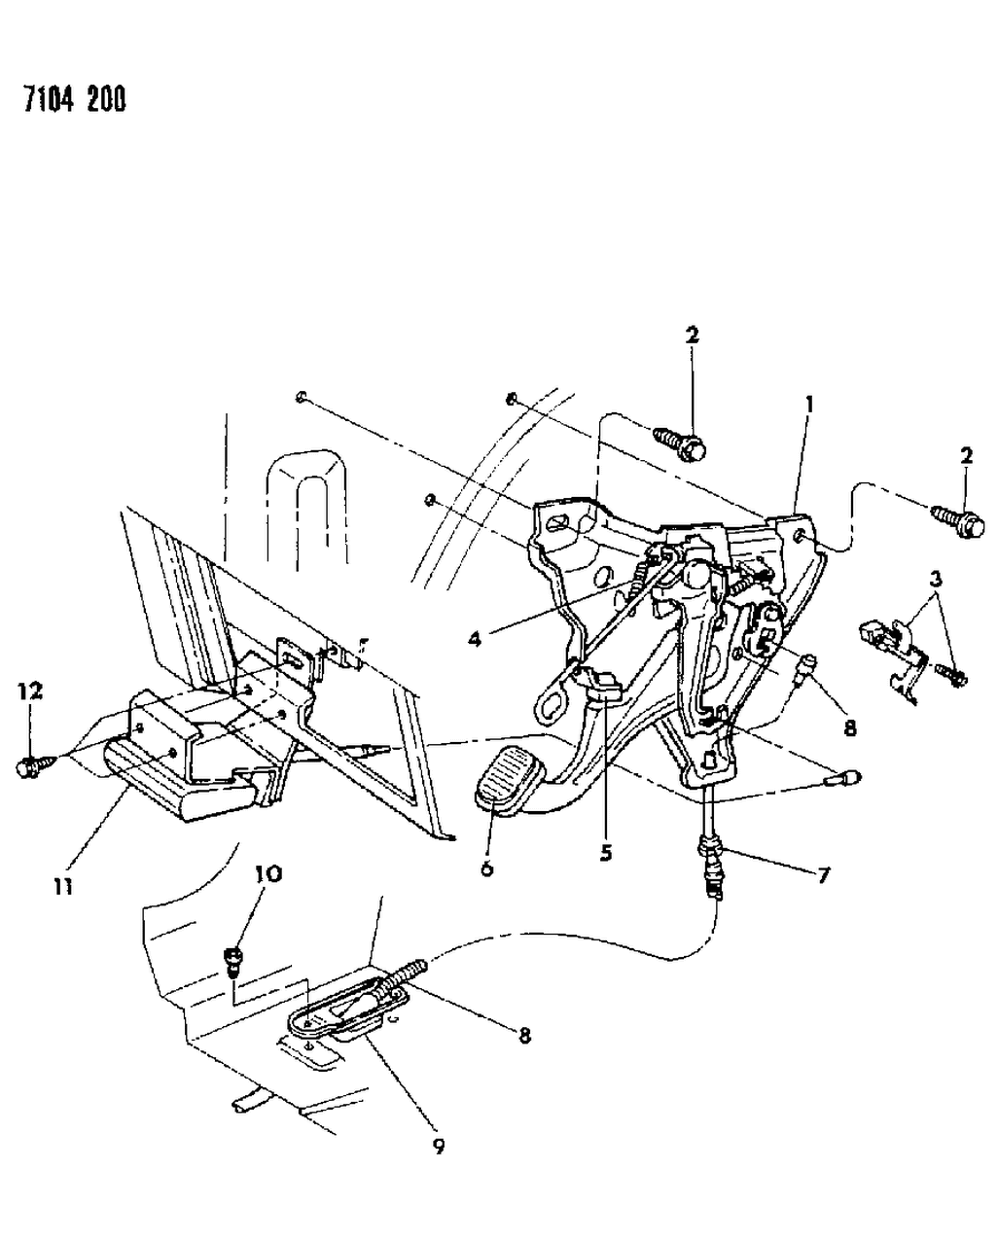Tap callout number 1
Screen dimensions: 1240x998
click(809, 402)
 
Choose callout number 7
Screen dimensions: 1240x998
click(823, 875)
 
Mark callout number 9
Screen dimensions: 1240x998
click(439, 1147)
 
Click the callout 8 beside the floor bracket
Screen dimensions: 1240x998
click(524, 1037)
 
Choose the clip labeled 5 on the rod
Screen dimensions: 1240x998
click(600, 685)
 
